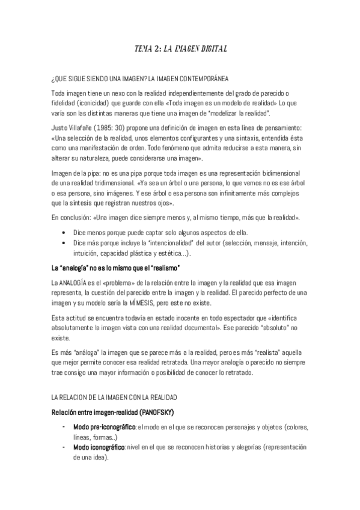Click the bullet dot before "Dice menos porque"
coord(64,233)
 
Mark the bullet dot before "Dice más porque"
coord(64,242)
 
